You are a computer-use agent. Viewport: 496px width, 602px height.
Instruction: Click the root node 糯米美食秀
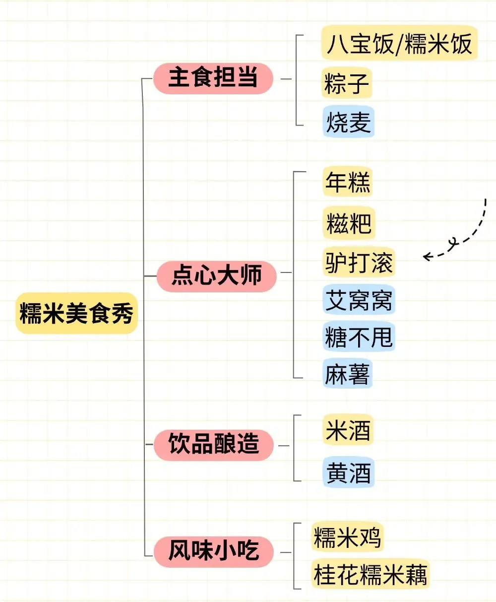76,313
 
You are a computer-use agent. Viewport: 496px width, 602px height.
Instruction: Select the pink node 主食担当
213,78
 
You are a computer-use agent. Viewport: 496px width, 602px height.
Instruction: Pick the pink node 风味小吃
213,551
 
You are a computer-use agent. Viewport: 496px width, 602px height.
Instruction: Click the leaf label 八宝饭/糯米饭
399,44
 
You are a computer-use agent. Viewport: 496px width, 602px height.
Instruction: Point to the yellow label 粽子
347,83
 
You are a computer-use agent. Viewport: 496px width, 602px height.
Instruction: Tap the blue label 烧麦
348,122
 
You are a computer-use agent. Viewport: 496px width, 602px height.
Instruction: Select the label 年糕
347,182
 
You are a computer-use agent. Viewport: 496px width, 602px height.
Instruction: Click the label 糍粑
349,223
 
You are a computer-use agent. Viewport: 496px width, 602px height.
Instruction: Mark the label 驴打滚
359,262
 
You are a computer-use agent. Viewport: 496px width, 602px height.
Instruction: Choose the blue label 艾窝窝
359,300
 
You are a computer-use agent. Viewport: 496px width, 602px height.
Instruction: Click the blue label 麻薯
347,374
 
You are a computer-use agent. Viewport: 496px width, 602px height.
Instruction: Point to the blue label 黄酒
348,472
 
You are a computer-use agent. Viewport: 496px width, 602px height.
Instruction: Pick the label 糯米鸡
347,537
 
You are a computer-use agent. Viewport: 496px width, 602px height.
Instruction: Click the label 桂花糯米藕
370,575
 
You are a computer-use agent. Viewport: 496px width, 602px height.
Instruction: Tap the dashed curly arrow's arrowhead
427,257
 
